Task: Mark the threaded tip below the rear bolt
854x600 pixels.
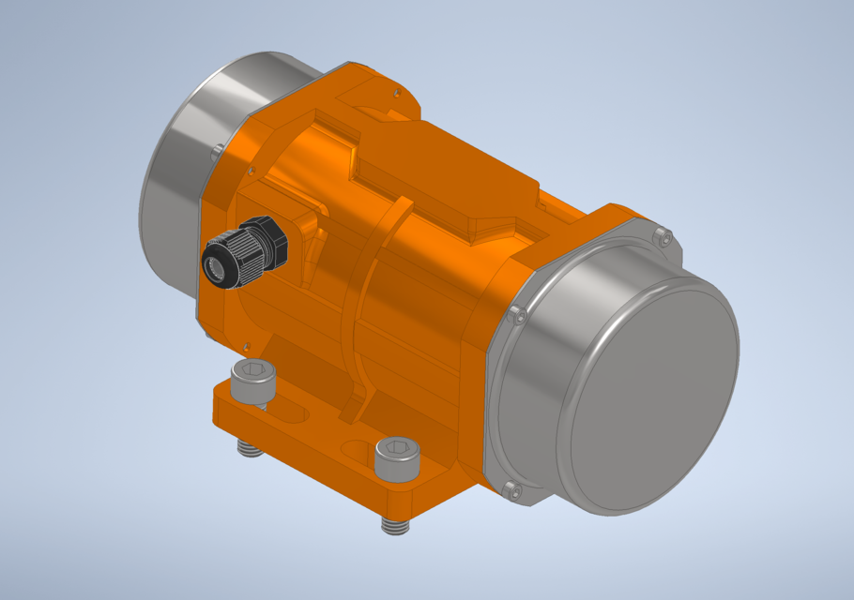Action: [x=249, y=450]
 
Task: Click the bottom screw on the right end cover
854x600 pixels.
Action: [x=511, y=489]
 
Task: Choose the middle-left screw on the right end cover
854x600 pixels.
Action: [x=516, y=316]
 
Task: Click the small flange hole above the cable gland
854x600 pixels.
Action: [x=251, y=170]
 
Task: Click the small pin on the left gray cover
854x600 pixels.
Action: [x=218, y=148]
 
